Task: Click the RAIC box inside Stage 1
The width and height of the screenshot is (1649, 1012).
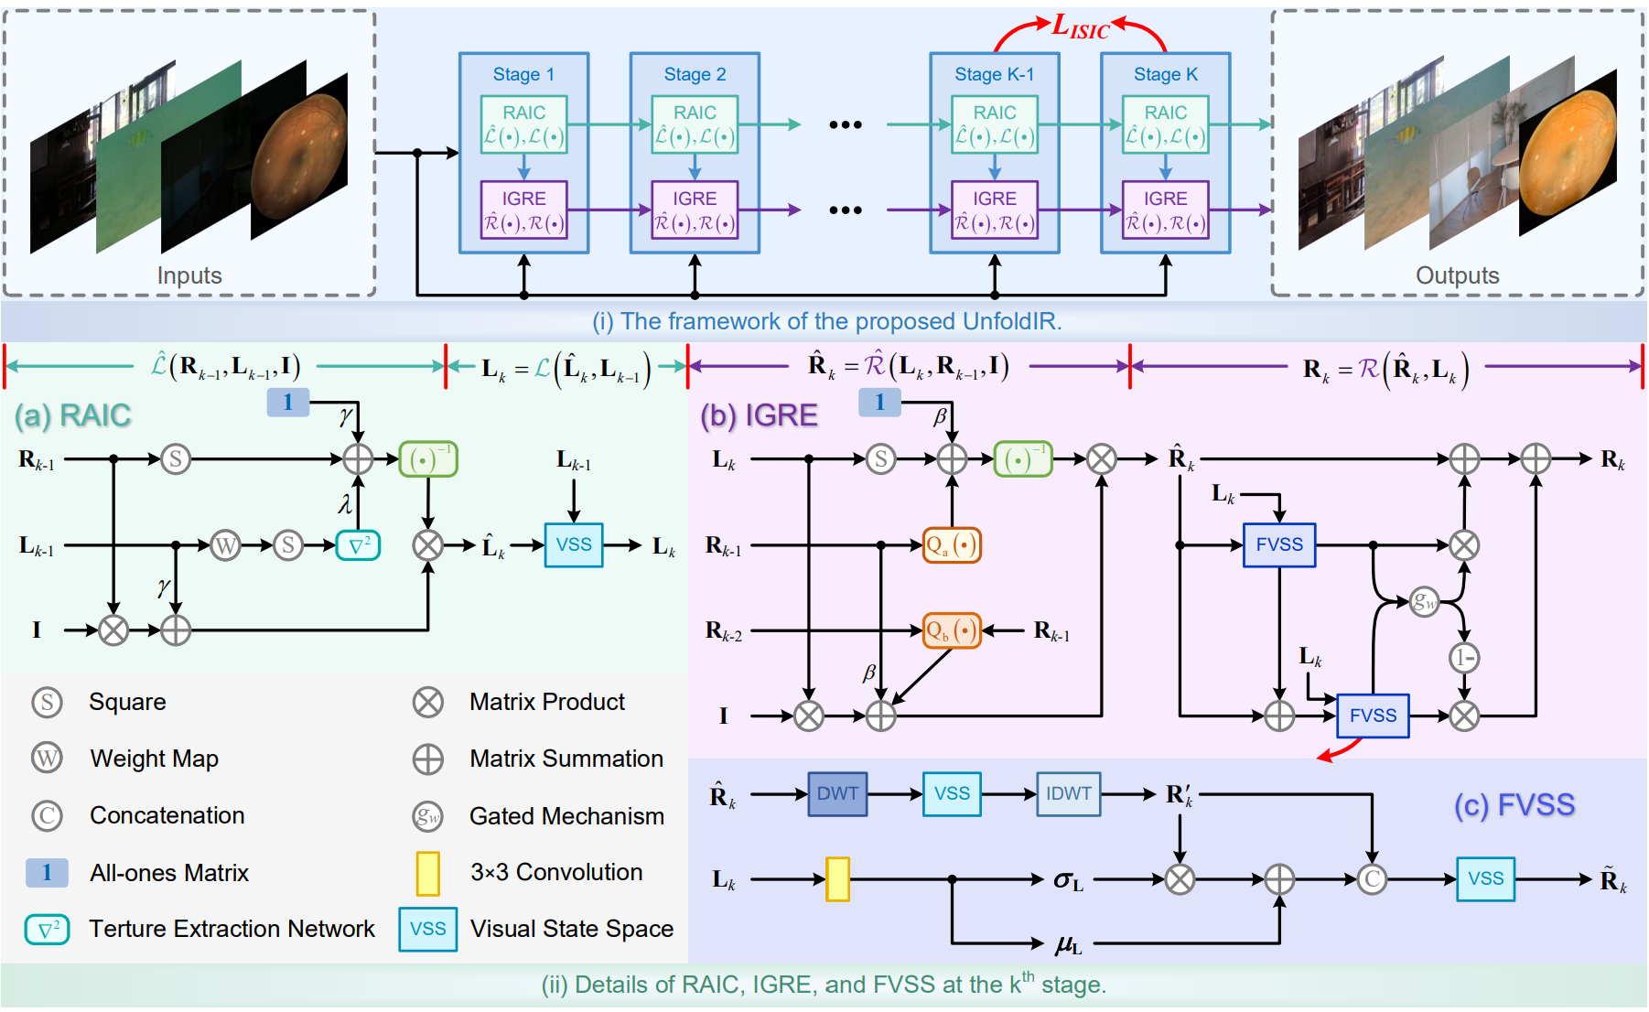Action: point(523,125)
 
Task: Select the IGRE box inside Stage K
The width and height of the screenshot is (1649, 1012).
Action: point(1165,210)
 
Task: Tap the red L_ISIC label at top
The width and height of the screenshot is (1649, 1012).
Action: point(1080,27)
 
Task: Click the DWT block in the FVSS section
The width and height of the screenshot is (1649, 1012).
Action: point(836,793)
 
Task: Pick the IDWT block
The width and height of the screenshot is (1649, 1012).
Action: point(1068,793)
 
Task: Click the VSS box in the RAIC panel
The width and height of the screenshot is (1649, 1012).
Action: point(574,545)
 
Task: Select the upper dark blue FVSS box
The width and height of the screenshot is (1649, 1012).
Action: point(1278,545)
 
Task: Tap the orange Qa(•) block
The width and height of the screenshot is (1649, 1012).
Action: point(952,545)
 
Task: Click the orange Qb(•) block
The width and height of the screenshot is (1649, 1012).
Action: point(952,630)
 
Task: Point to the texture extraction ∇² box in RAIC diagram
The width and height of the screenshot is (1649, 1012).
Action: point(358,545)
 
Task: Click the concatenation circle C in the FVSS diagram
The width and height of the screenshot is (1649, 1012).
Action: point(1371,879)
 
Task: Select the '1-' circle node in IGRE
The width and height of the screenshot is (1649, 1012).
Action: point(1464,657)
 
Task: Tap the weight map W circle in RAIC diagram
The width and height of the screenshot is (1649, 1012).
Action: point(225,545)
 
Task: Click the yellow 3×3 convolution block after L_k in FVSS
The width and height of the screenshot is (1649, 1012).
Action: point(837,879)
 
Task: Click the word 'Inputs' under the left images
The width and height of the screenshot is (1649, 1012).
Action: point(189,275)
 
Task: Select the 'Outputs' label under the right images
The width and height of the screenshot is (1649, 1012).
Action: point(1457,275)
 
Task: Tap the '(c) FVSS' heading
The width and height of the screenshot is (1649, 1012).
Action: point(1514,805)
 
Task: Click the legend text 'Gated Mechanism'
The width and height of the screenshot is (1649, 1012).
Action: point(566,816)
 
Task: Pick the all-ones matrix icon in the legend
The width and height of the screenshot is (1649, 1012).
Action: point(47,873)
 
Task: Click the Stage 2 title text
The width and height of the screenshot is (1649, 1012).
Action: point(695,74)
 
